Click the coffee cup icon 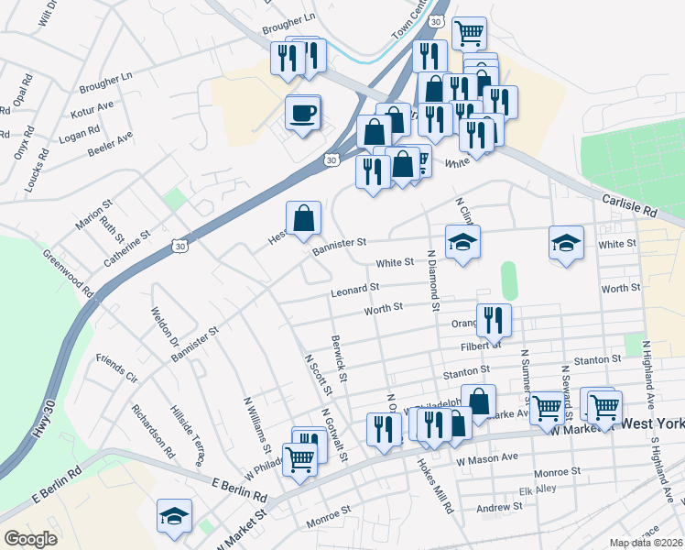[x=303, y=114]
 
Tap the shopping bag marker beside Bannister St [x=304, y=220]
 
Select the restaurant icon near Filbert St [x=494, y=320]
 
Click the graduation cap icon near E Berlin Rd [x=173, y=516]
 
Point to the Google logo [x=30, y=539]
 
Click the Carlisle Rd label [x=631, y=203]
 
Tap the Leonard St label [x=355, y=288]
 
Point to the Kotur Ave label [x=92, y=111]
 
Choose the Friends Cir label [x=116, y=368]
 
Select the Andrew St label [x=498, y=507]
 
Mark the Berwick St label [x=339, y=358]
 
